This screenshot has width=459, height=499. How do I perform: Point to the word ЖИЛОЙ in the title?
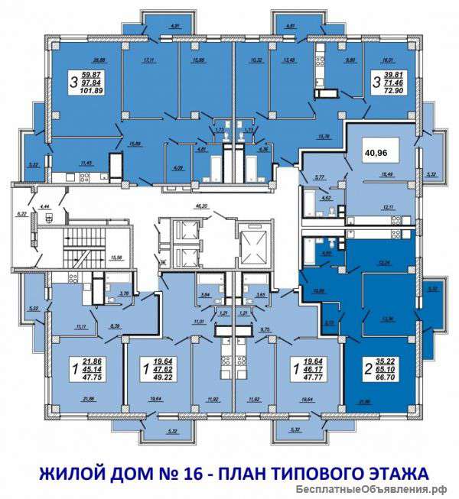[x=63, y=468]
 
